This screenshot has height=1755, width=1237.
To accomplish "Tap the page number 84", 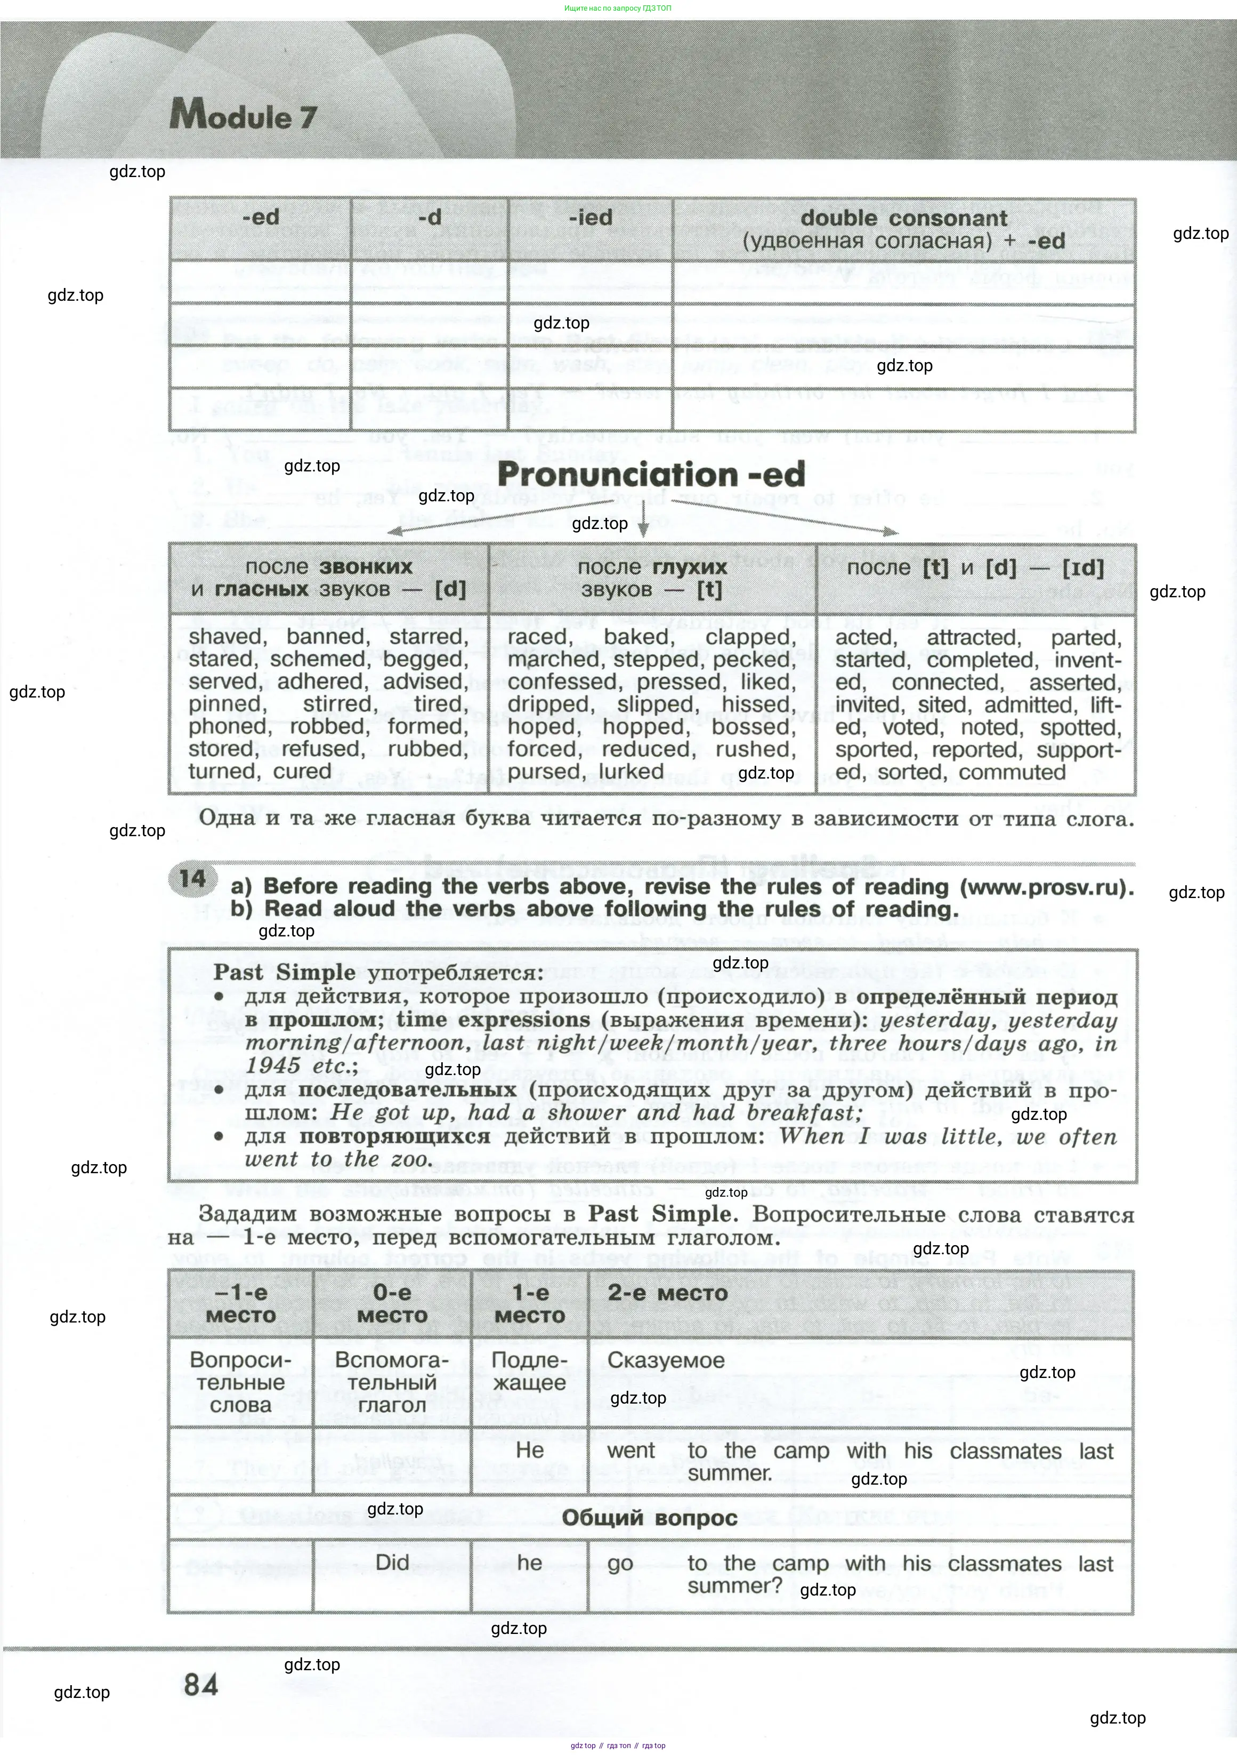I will [201, 1684].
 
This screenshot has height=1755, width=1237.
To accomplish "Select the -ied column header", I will [590, 218].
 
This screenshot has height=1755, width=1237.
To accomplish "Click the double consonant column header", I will [904, 229].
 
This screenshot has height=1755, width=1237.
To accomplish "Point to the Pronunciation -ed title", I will [651, 475].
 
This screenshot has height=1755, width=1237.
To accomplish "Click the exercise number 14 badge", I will [192, 878].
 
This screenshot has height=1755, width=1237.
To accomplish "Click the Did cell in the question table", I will [392, 1562].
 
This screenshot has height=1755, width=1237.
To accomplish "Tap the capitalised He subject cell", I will [529, 1450].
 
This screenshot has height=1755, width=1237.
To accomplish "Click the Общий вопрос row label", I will [650, 1517].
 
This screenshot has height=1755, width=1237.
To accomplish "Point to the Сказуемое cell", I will [666, 1360].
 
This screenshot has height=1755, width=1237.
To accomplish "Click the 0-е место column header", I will [392, 1304].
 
